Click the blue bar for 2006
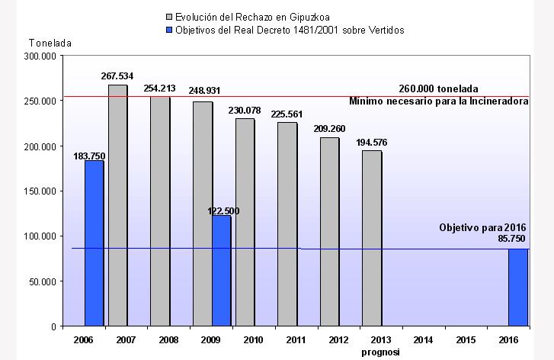point(94,243)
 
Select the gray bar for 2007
point(117,205)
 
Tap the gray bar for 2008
point(160,211)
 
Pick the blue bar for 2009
point(221,271)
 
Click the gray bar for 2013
point(371,238)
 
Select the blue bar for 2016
point(518,288)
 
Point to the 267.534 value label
point(117,76)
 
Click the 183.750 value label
point(89,156)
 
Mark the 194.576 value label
point(372,143)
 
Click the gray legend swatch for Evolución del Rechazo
point(168,17)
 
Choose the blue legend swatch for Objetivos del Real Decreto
point(168,30)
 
